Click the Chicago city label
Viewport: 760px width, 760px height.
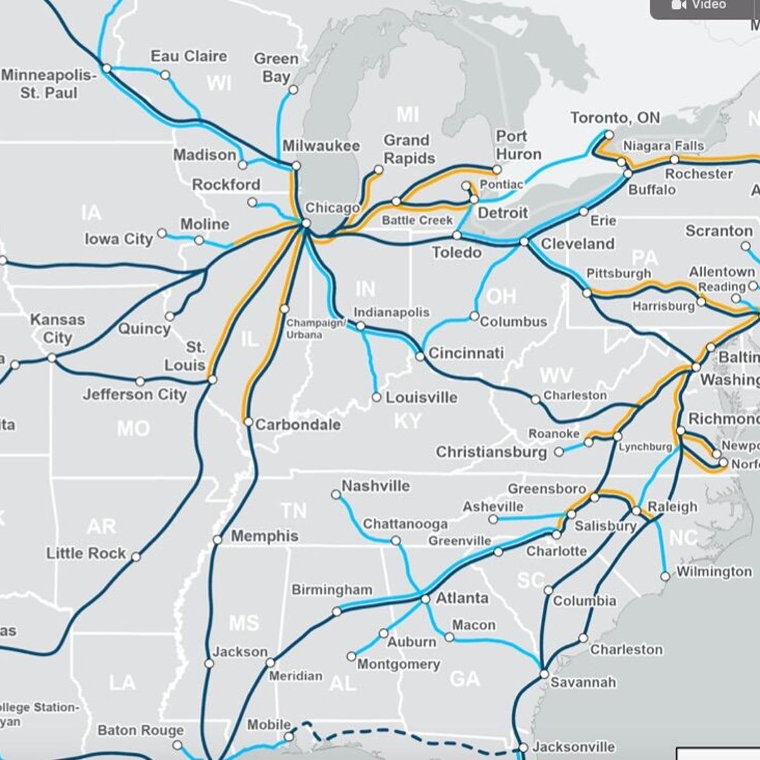coord(332,208)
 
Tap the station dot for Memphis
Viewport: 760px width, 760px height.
coord(217,540)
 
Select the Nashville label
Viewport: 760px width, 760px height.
coord(376,486)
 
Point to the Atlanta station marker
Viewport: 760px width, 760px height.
coord(426,598)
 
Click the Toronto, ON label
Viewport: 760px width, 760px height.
coord(614,118)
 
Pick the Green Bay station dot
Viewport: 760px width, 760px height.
coord(293,90)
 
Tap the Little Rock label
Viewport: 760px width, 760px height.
coord(85,554)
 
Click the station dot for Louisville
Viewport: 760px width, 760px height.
coord(376,397)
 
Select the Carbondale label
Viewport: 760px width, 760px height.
coord(298,424)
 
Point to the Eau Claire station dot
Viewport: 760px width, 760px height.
coord(165,75)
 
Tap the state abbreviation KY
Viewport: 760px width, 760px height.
coord(407,421)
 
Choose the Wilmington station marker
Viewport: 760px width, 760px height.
coord(665,576)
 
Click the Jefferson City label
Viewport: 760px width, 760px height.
coord(134,395)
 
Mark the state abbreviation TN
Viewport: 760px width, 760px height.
coord(293,510)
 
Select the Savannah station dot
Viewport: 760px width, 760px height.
coord(544,674)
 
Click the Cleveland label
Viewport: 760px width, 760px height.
coord(577,244)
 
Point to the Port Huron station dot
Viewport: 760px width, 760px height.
coord(497,169)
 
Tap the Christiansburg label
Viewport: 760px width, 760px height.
coord(491,452)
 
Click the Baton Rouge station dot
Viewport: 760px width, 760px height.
coord(177,745)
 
